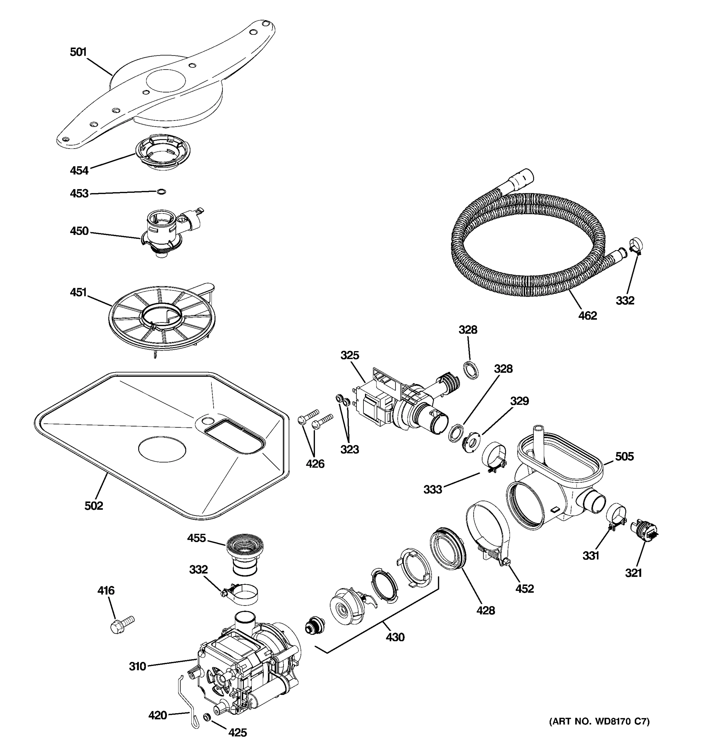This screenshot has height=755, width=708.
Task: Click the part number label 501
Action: click(78, 52)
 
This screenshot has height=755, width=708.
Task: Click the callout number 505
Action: click(624, 456)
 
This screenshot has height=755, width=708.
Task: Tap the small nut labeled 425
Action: click(207, 717)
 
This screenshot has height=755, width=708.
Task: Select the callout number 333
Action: click(433, 489)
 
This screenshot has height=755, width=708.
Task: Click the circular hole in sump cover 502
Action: click(162, 449)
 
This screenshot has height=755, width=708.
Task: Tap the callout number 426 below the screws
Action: click(315, 463)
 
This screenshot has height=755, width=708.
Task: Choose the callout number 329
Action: click(519, 401)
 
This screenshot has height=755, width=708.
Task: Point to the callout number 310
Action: click(137, 666)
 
